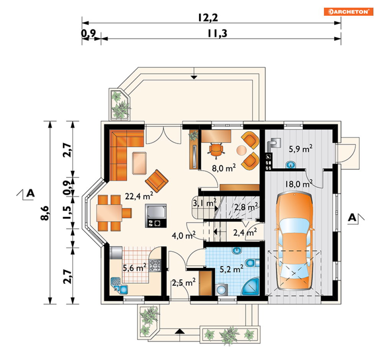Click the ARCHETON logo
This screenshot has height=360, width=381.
click(348, 12)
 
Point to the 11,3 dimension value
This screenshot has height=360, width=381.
click(217, 34)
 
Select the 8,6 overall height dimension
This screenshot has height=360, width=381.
click(45, 213)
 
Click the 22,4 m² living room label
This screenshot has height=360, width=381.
click(139, 196)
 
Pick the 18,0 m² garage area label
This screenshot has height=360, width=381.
click(299, 184)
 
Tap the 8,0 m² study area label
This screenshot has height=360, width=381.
click(224, 168)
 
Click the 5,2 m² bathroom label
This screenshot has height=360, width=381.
click(231, 269)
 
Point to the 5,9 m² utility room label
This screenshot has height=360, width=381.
click(301, 148)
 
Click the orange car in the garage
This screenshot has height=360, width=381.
click(294, 241)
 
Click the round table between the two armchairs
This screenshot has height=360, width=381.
click(241, 150)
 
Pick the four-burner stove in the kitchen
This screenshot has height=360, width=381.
click(155, 265)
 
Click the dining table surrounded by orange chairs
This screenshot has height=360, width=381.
click(109, 213)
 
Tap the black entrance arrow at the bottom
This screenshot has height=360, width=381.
click(180, 332)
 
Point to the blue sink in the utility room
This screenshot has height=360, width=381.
click(291, 165)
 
